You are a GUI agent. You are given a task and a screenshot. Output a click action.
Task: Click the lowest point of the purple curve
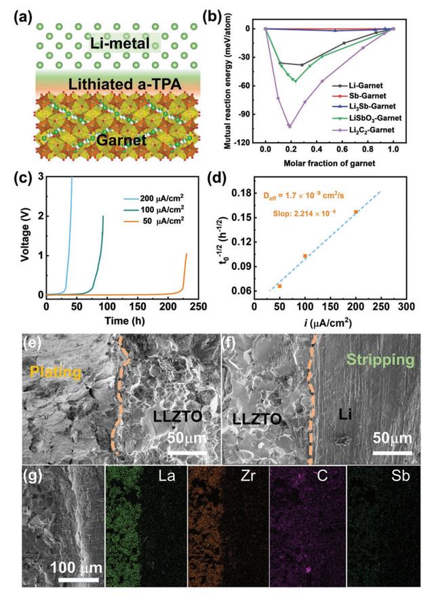pyautogui.click(x=290, y=126)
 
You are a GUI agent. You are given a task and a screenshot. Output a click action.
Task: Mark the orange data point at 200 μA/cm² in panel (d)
pyautogui.click(x=356, y=212)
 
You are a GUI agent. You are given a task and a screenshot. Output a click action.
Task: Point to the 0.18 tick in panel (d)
pyautogui.click(x=243, y=193)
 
